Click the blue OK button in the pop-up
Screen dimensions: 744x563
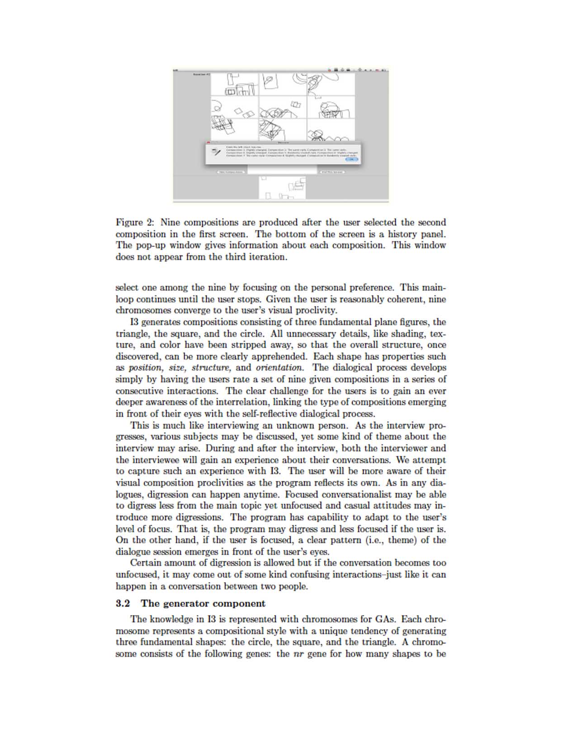(351, 159)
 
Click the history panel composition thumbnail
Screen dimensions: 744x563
(282, 188)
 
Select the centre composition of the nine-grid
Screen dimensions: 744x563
(282, 107)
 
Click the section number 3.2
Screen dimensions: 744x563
(123, 604)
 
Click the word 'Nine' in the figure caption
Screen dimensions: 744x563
(170, 223)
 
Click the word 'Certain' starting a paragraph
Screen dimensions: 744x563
(146, 563)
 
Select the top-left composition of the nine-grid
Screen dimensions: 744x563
(234, 84)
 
